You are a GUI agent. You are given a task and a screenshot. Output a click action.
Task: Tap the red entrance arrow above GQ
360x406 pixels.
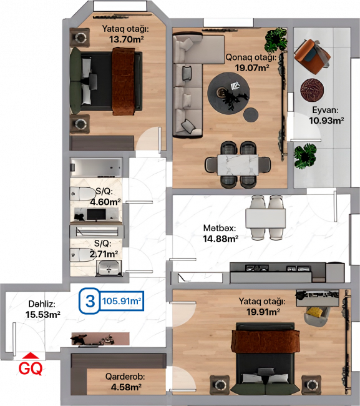click(31, 356)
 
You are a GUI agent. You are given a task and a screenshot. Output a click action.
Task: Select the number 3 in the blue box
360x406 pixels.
click(90, 301)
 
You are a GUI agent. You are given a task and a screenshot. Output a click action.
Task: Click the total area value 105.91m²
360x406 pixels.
click(122, 301)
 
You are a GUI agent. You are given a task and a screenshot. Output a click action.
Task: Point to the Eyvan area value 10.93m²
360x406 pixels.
click(326, 121)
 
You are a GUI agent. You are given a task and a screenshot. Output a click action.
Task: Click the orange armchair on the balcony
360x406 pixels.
click(312, 56)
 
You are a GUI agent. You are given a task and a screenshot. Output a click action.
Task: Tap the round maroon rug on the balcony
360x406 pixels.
click(312, 91)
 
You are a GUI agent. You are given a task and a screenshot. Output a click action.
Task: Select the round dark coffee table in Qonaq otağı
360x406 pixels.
click(228, 92)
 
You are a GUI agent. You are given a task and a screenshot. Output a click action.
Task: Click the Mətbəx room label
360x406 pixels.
click(220, 228)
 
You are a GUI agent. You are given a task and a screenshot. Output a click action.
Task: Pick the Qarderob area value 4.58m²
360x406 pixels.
click(126, 387)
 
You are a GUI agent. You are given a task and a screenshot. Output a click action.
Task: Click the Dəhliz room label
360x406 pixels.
click(42, 304)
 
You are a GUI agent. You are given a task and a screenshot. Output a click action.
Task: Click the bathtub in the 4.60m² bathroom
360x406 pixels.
click(96, 167)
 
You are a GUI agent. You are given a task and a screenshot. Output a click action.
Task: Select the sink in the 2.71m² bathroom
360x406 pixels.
click(109, 268)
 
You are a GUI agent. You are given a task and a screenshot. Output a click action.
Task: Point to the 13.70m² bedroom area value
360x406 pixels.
click(127, 39)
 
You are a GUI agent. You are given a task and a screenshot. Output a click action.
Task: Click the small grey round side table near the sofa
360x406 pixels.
click(251, 114)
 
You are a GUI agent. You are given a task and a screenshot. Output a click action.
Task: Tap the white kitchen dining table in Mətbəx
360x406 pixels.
click(266, 218)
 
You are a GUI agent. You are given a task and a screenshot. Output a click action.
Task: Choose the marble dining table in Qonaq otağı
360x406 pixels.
click(238, 165)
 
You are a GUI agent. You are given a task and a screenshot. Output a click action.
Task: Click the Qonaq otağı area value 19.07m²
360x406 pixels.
click(252, 68)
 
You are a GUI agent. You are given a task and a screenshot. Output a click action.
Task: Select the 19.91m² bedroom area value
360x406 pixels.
click(263, 312)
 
